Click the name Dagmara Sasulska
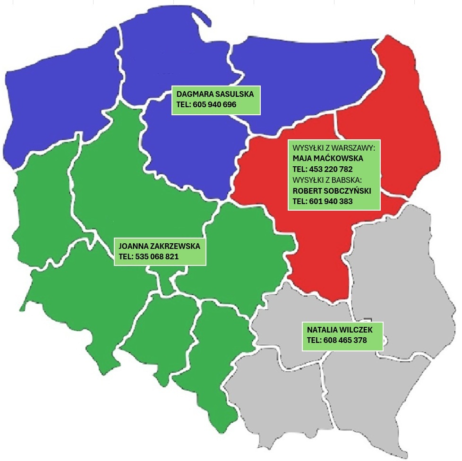[215, 94]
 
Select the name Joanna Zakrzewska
[159, 247]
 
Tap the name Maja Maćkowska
[328, 158]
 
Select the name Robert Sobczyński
[332, 191]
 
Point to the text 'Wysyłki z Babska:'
[327, 180]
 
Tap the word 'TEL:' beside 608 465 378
[314, 340]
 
